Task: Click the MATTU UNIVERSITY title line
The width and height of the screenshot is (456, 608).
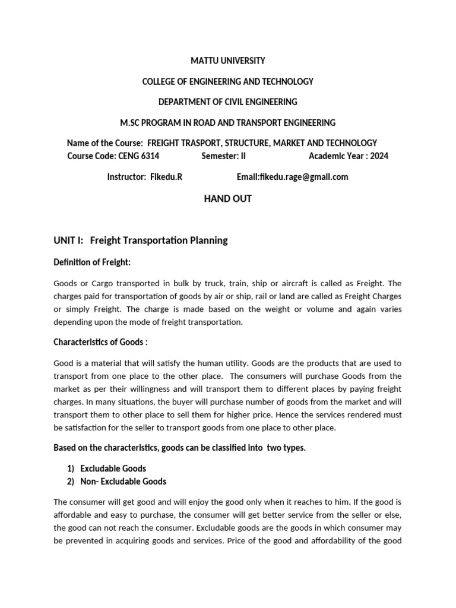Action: point(227,61)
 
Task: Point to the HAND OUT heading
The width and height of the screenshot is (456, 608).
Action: point(227,199)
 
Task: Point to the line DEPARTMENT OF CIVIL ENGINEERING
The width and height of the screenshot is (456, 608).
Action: point(227,102)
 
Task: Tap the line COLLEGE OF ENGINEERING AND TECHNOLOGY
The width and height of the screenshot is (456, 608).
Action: point(227,81)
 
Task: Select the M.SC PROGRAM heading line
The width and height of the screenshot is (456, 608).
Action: point(227,123)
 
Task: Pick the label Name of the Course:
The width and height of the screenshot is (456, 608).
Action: point(105,143)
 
